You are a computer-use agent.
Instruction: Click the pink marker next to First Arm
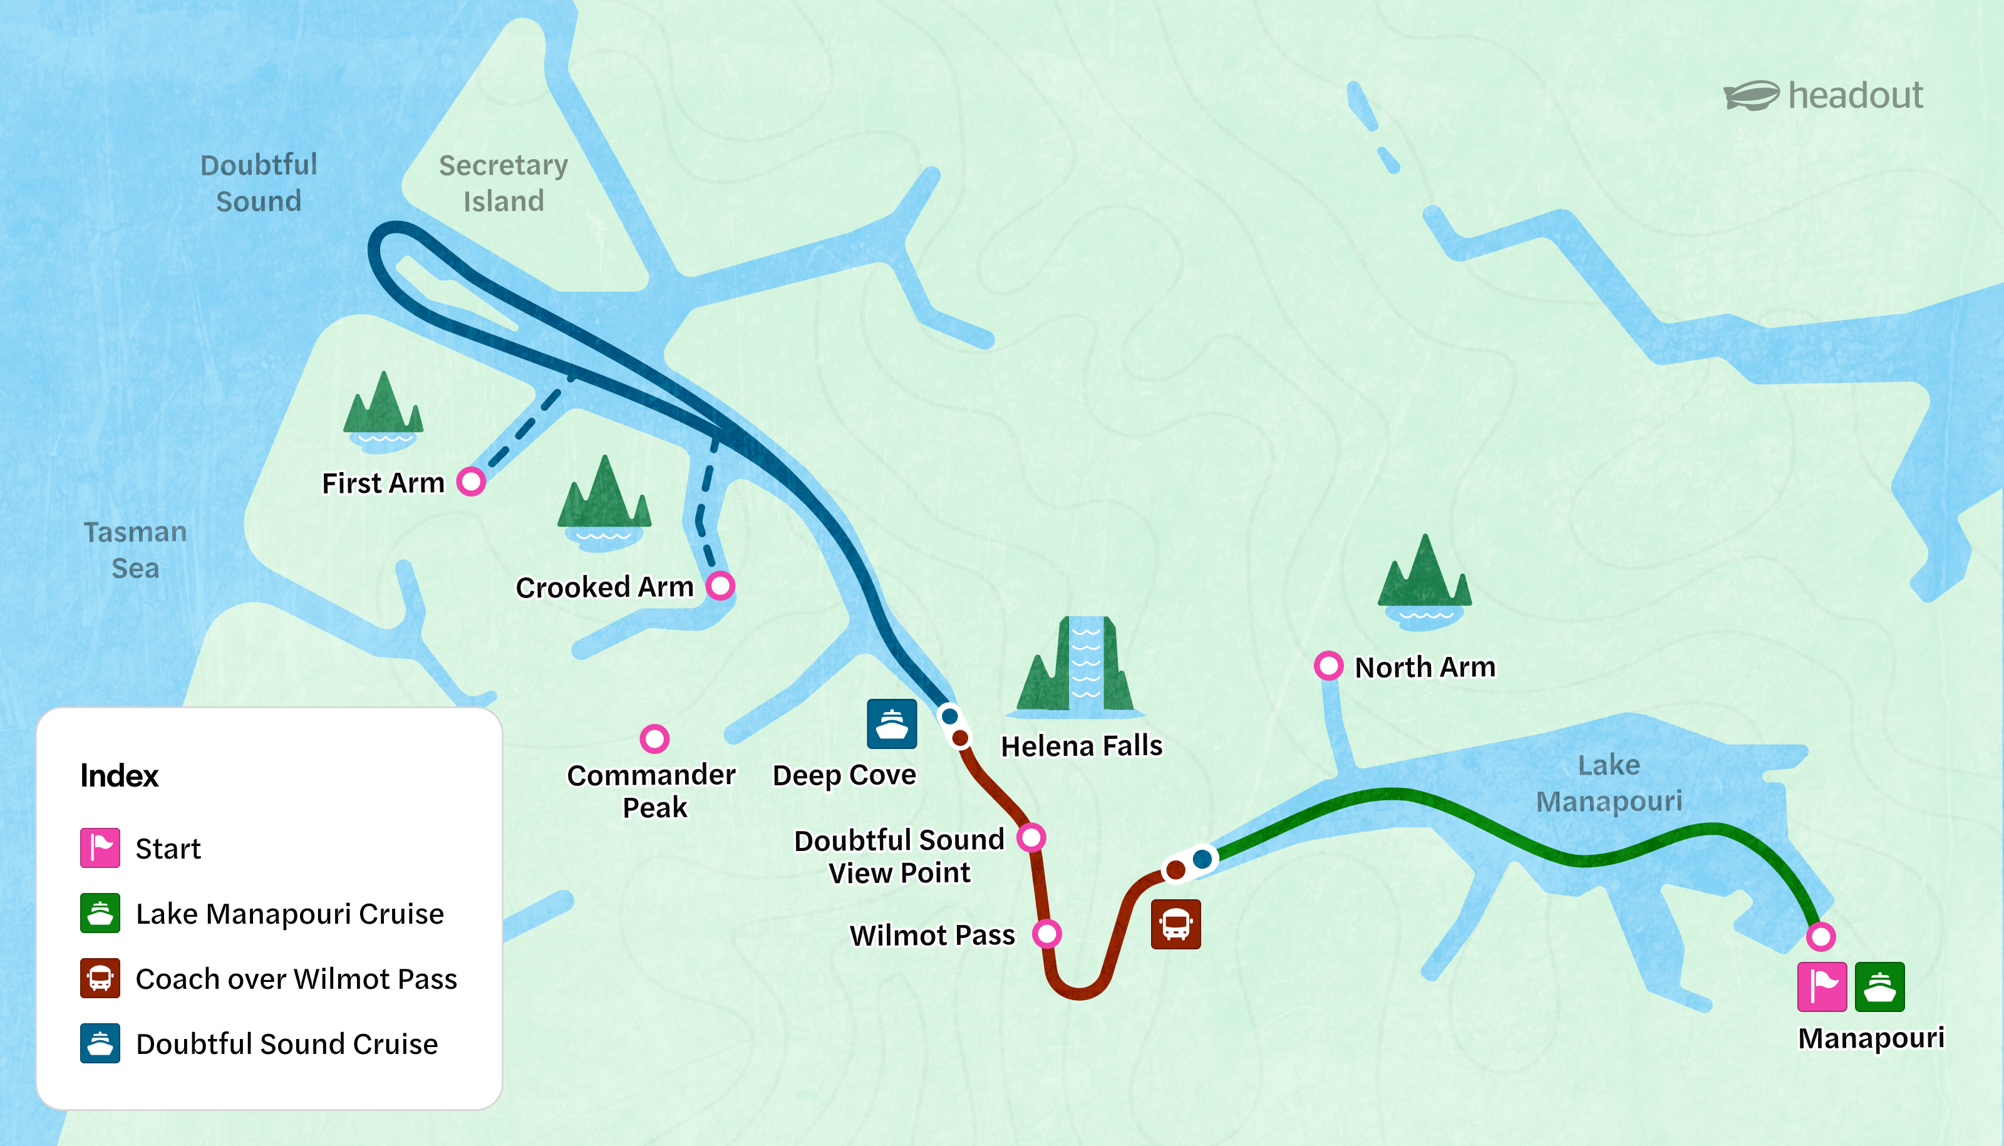[471, 481]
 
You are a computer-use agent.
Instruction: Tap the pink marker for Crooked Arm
[720, 586]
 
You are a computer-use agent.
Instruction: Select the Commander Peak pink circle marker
[654, 738]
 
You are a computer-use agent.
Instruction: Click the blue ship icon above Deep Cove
[892, 723]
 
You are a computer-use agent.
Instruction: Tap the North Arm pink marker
[1329, 666]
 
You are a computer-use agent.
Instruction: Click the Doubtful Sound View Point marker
[1031, 837]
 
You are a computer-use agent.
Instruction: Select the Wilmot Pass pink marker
[1047, 934]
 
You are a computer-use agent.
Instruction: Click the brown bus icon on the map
[1176, 924]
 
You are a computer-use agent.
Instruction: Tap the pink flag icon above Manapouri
[1821, 986]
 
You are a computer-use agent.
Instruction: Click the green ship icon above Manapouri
[1879, 986]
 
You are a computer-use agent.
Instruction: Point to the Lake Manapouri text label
[1609, 783]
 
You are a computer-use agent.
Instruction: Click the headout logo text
[1854, 96]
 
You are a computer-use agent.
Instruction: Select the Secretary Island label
[503, 183]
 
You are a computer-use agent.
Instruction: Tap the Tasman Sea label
[135, 549]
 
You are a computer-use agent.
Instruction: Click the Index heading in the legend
[120, 776]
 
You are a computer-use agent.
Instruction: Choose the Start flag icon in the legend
[100, 848]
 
